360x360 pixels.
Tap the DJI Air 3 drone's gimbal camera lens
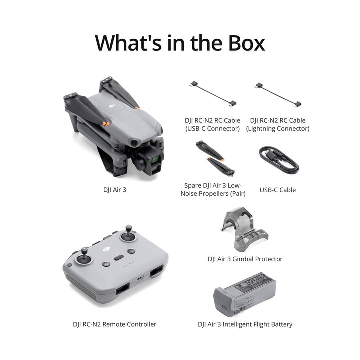coord(156,161)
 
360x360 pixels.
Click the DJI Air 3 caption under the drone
coord(114,190)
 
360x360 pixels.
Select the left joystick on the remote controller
coord(84,260)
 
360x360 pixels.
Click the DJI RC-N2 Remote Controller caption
coord(114,324)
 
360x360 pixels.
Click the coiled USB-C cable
coord(278,160)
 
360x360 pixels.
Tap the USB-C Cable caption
coord(278,190)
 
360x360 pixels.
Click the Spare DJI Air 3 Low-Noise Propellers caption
coord(213,189)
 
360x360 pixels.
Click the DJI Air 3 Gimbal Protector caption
coord(245,259)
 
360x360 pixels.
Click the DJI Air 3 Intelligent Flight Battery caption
coord(245,324)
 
